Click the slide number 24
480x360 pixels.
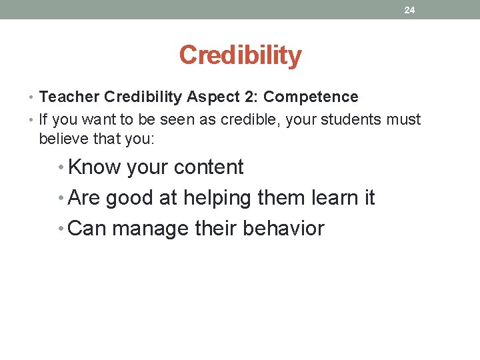click(409, 10)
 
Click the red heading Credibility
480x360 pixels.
click(240, 55)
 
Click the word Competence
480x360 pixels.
click(311, 97)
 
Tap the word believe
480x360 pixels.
click(63, 139)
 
